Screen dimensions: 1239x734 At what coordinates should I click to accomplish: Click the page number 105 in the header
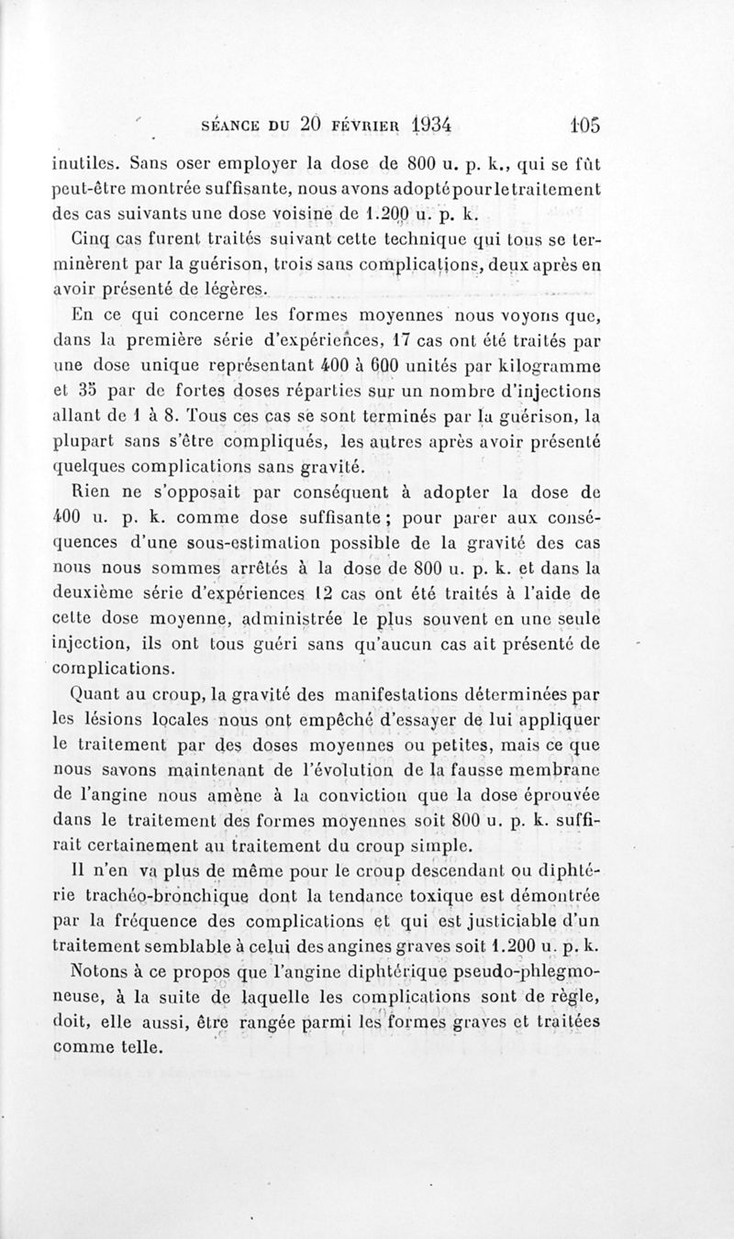tap(582, 125)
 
